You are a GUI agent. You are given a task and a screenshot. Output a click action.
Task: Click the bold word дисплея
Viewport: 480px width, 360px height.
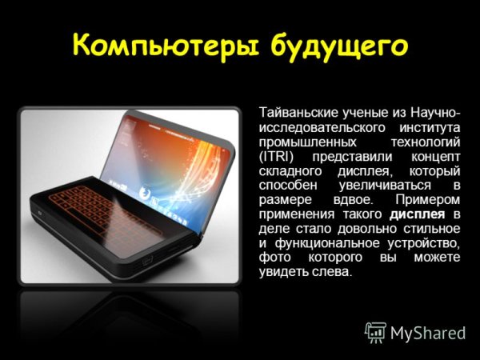(418, 214)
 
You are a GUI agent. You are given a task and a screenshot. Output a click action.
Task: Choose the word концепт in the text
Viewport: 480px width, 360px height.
(438, 156)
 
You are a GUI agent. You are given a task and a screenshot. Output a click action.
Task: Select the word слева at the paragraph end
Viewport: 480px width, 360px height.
(331, 271)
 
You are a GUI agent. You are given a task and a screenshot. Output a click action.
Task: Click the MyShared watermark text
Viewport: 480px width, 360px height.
(429, 332)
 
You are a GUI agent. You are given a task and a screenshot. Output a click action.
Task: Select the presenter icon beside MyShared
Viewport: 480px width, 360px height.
(375, 331)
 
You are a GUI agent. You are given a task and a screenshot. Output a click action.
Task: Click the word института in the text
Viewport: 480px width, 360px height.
(431, 127)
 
